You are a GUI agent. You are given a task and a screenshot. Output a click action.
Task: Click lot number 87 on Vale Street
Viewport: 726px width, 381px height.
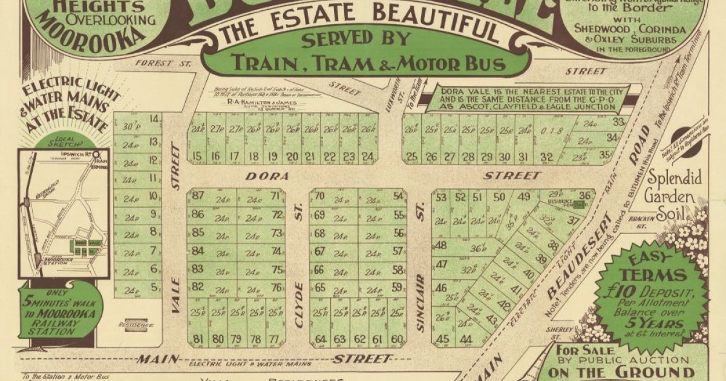coord(197,195)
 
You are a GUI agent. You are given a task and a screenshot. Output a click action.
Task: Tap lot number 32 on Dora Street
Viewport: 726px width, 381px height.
coord(546,157)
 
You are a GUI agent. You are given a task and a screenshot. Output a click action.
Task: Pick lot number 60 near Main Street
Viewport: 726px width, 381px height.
coord(397,339)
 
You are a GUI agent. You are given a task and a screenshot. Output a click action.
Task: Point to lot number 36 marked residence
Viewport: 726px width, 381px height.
coord(584,195)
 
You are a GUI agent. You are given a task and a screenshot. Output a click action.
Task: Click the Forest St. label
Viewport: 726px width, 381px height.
coord(155,62)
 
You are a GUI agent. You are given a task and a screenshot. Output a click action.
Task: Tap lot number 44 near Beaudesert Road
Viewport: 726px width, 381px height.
coord(465,339)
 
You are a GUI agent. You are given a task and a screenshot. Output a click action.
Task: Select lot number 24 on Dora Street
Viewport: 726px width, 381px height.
coord(367,157)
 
